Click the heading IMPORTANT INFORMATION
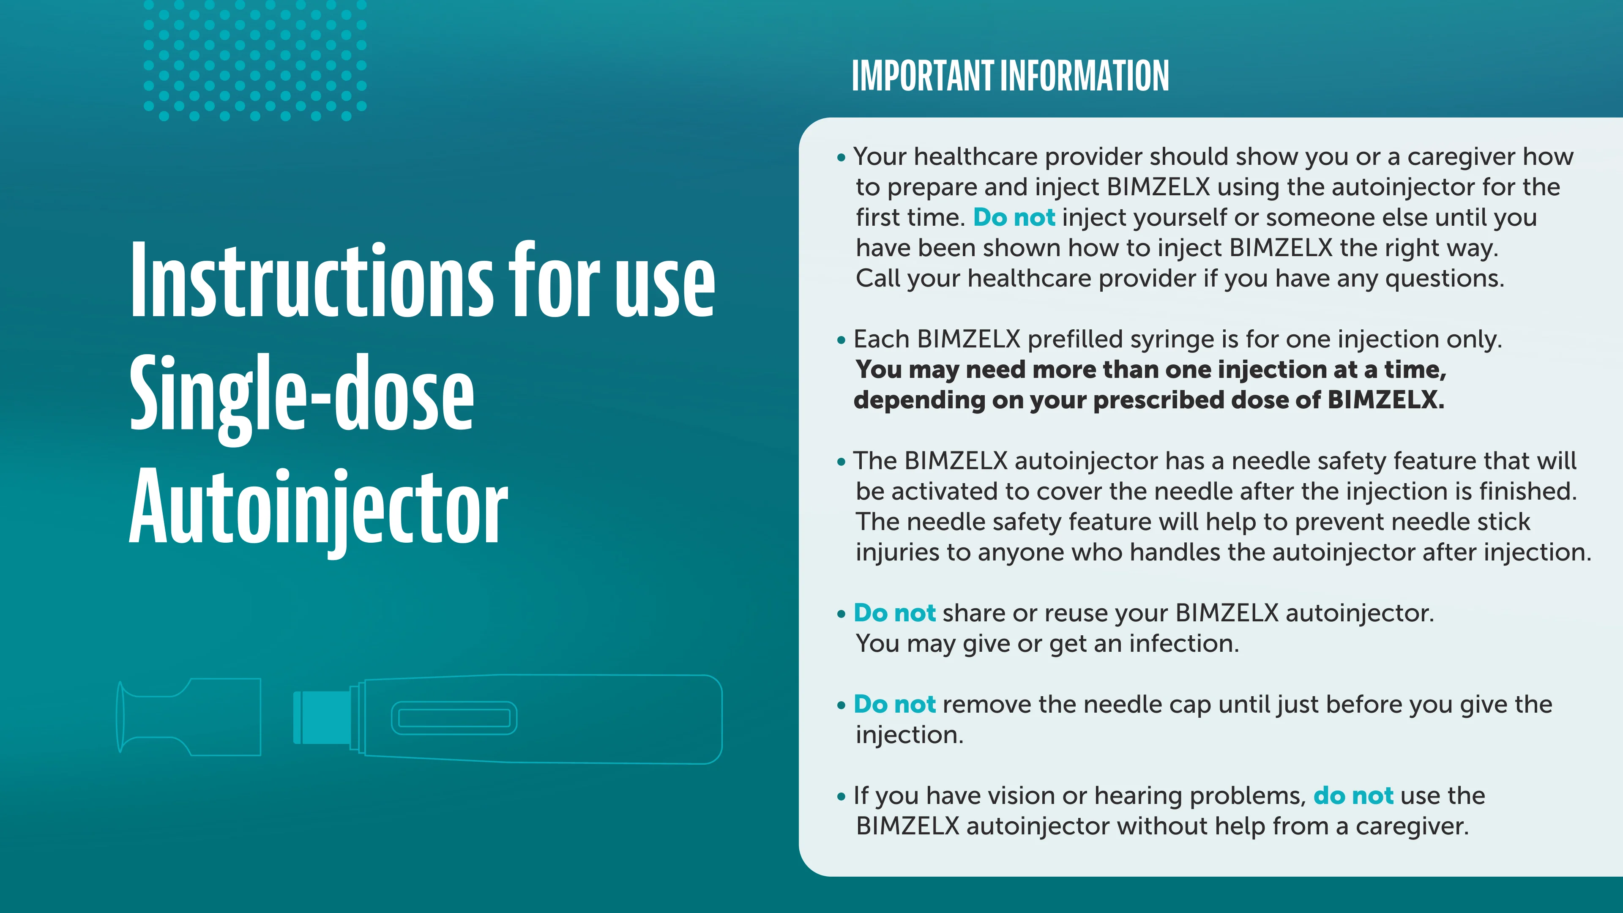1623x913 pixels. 1010,76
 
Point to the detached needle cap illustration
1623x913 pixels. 189,716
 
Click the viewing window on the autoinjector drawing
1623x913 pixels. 454,718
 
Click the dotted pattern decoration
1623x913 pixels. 254,60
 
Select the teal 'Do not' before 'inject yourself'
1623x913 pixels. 1014,217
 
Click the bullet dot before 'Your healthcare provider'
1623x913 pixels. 841,158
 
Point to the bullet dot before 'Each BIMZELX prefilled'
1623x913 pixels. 841,340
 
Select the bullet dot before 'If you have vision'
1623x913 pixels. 841,797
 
